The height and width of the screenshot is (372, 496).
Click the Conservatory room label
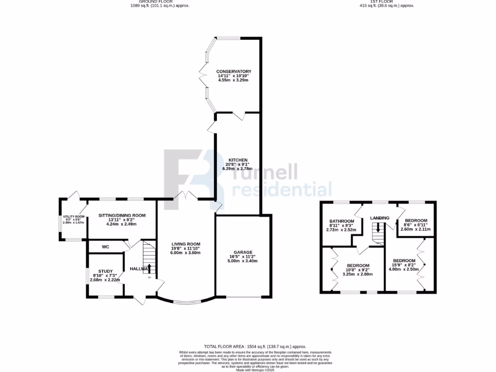[x=233, y=71]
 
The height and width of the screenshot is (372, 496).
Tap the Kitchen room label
[x=238, y=160]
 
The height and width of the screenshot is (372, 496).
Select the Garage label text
[x=243, y=252]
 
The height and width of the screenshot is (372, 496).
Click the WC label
[x=106, y=247]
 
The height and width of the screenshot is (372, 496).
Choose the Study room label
[x=105, y=271]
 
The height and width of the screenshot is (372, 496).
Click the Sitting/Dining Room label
[x=122, y=215]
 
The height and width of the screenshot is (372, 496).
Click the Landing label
[x=380, y=218]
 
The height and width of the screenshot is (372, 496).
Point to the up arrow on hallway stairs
[x=150, y=268]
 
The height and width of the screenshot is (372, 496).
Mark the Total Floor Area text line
[x=255, y=346]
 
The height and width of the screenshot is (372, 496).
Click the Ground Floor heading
[x=159, y=2]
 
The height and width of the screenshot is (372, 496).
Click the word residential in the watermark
[x=282, y=189]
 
